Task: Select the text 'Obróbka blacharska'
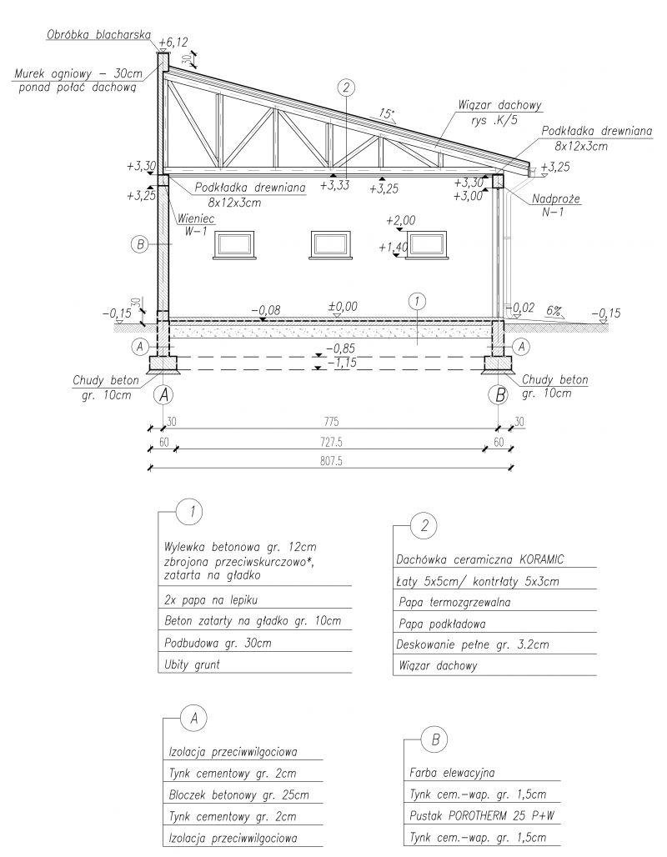point(97,35)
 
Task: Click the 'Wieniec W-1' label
point(193,225)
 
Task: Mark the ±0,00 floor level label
point(342,307)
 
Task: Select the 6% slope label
point(554,309)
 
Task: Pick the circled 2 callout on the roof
point(348,86)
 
